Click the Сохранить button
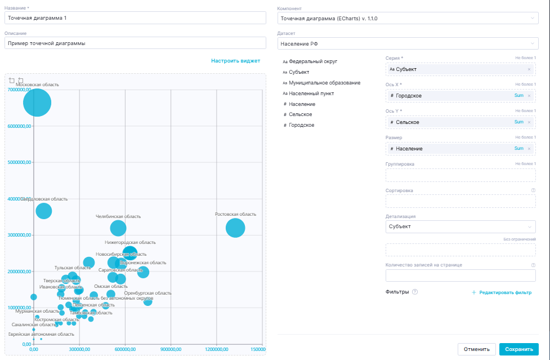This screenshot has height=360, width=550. pyautogui.click(x=518, y=349)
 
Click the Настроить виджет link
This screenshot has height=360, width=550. pyautogui.click(x=235, y=61)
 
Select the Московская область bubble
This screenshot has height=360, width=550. pyautogui.click(x=37, y=103)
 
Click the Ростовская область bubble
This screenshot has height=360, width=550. pyautogui.click(x=235, y=228)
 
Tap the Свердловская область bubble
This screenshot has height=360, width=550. pyautogui.click(x=43, y=211)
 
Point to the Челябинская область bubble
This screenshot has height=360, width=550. pyautogui.click(x=118, y=228)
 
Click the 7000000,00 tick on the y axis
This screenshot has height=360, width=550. pyautogui.click(x=19, y=90)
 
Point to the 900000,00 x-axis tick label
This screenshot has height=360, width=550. pyautogui.click(x=171, y=349)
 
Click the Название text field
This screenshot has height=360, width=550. pyautogui.click(x=135, y=18)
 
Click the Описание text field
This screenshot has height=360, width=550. pyautogui.click(x=135, y=43)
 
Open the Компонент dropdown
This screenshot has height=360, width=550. pyautogui.click(x=408, y=18)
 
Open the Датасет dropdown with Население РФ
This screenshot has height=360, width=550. pyautogui.click(x=408, y=43)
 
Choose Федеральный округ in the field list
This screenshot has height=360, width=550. pyautogui.click(x=313, y=61)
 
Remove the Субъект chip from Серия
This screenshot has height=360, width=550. pyautogui.click(x=529, y=69)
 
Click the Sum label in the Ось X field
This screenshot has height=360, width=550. pyautogui.click(x=518, y=96)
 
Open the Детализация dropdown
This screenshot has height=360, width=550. pyautogui.click(x=460, y=226)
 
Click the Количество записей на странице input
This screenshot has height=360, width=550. pyautogui.click(x=460, y=275)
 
